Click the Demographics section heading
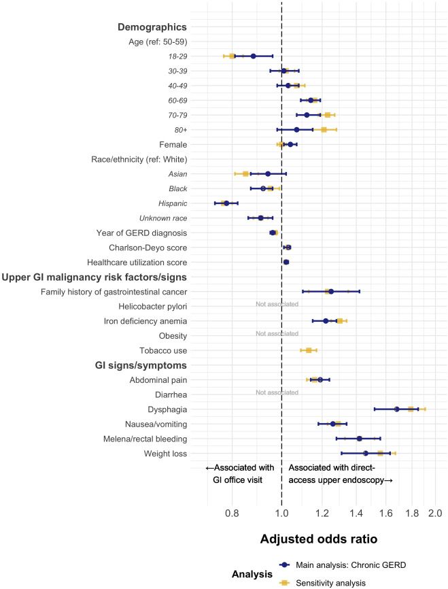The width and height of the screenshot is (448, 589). (152, 27)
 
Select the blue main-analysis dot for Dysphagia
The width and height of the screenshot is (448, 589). (396, 409)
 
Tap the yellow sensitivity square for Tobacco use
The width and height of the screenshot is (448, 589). (309, 350)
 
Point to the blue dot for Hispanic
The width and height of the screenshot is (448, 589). (226, 203)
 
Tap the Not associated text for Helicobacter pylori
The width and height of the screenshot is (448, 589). (277, 304)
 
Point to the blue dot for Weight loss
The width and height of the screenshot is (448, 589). (366, 453)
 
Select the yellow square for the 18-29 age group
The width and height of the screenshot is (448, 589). (232, 56)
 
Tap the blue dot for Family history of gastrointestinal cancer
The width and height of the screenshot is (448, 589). (331, 291)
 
